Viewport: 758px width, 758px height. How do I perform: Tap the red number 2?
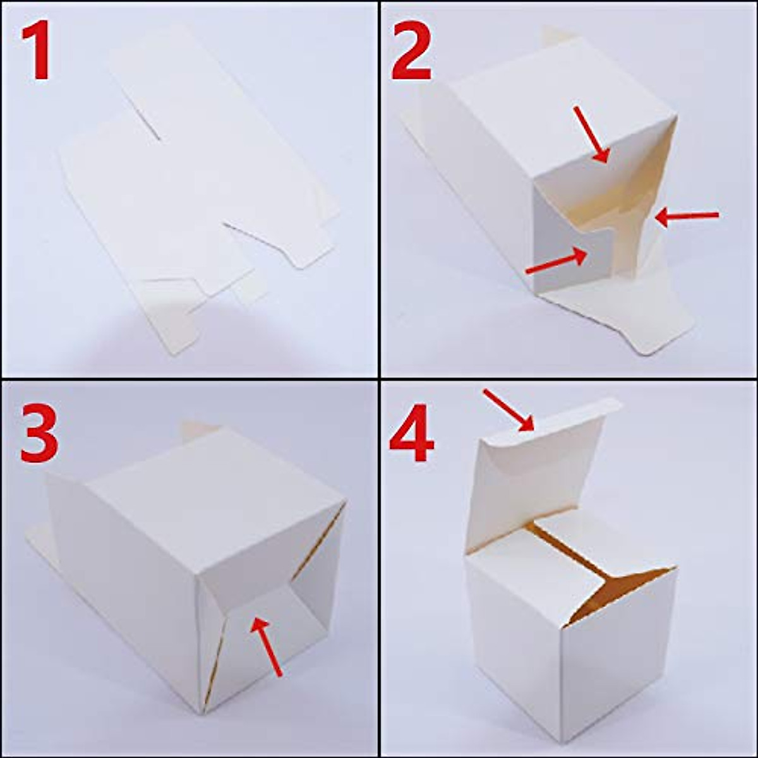coord(412,52)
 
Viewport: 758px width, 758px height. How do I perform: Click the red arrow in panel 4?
coord(509,411)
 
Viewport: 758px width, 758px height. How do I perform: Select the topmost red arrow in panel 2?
coord(591,134)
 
